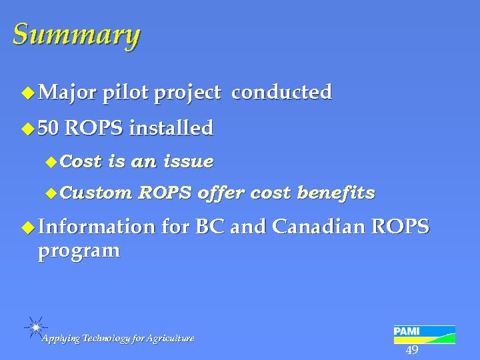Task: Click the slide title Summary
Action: pyautogui.click(x=76, y=35)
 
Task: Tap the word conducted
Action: pyautogui.click(x=281, y=93)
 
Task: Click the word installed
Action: pyautogui.click(x=171, y=128)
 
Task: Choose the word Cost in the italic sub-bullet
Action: pyautogui.click(x=85, y=161)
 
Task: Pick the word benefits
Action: pyautogui.click(x=336, y=193)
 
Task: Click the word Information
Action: pyautogui.click(x=96, y=228)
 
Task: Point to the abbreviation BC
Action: pyautogui.click(x=210, y=228)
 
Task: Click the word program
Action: pyautogui.click(x=79, y=251)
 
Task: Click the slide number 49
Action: pyautogui.click(x=412, y=351)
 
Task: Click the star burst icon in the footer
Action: pyautogui.click(x=35, y=327)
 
